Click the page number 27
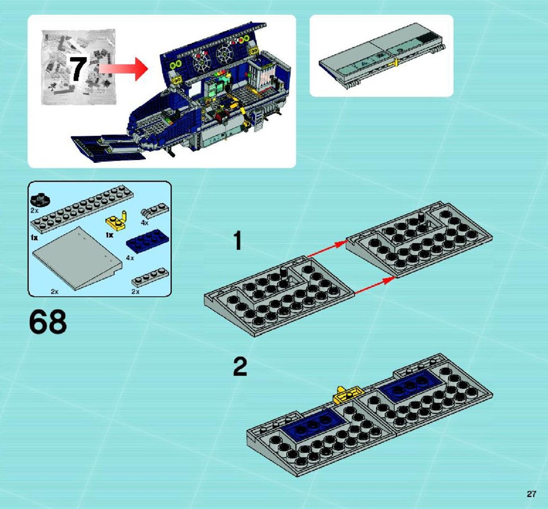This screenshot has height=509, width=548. pos(531,494)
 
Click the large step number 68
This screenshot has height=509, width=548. pos(48,322)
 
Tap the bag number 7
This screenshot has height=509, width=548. pos(77,69)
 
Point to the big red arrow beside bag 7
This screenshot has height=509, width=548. pos(123,68)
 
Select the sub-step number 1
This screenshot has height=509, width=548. pos(238,241)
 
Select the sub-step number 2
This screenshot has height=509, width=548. pos(240,366)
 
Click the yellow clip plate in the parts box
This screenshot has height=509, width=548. pos(116,220)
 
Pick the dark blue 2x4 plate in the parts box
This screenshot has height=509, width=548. pos(147,241)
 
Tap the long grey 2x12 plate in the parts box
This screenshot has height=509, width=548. pos(82,209)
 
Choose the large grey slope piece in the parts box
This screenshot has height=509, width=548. pos(77,258)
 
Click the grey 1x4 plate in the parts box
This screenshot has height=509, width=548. pos(150,278)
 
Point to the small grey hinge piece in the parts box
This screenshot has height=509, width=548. pos(155,211)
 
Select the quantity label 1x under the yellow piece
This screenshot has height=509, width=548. pos(109,235)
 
